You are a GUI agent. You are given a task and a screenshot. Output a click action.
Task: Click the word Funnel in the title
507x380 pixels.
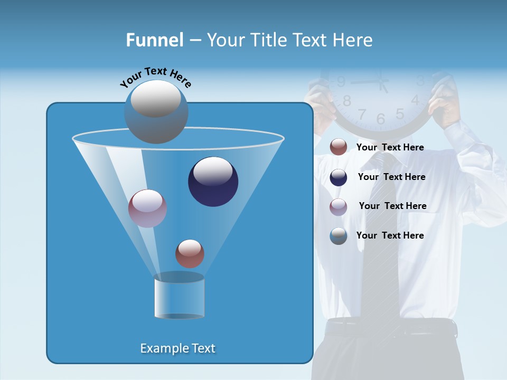(154, 40)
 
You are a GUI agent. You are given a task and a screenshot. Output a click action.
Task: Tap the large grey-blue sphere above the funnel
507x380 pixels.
(156, 111)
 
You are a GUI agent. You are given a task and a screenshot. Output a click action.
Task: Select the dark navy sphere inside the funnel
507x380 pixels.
(213, 182)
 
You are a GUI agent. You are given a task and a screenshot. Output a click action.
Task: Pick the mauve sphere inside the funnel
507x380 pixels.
(147, 208)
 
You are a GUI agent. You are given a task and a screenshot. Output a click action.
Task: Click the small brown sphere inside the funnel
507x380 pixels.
(190, 254)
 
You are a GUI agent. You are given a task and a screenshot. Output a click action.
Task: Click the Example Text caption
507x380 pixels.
(178, 348)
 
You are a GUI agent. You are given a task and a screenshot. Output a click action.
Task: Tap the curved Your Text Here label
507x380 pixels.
(156, 77)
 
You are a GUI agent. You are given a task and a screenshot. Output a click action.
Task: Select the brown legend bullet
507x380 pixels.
(339, 147)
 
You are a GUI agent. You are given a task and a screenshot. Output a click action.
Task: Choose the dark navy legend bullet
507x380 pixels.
(339, 177)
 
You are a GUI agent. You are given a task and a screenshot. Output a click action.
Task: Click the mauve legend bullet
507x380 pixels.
(339, 207)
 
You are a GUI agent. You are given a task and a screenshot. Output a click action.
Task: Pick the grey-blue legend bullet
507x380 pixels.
(339, 236)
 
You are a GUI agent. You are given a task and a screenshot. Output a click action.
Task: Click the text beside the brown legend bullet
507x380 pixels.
(390, 147)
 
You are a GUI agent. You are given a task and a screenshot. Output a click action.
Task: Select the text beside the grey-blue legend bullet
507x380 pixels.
(390, 235)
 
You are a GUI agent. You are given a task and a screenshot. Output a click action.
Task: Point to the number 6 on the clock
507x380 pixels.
(381, 119)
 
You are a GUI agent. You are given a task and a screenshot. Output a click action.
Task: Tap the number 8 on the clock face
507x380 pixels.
(347, 101)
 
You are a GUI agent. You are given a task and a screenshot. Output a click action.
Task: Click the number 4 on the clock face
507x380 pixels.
(415, 100)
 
